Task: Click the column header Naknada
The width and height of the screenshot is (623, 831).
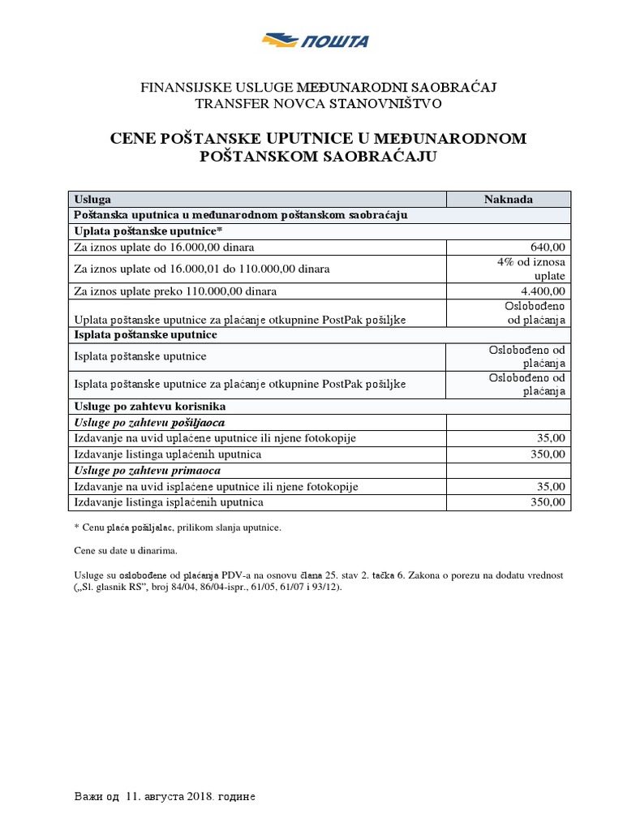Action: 509,199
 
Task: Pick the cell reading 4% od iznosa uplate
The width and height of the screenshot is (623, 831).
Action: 531,269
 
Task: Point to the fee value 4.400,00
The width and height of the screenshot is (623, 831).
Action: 543,291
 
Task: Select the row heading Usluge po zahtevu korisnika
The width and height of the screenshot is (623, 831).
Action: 149,406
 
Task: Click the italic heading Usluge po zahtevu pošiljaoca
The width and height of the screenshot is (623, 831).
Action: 149,422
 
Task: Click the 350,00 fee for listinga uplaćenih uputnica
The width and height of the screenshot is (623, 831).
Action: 548,454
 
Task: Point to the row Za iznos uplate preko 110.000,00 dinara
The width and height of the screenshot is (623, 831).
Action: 175,291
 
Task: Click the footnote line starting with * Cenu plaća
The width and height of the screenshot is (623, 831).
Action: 177,527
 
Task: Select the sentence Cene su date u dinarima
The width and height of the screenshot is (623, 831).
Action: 125,551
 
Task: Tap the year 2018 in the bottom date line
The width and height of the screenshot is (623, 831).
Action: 198,797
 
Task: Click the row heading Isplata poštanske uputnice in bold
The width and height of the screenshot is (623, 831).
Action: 145,334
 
